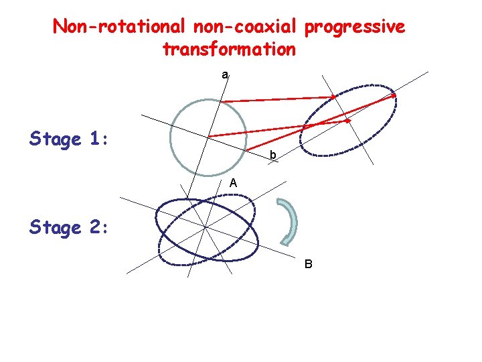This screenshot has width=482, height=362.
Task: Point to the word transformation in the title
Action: (x=228, y=49)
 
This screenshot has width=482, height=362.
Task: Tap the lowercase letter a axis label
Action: (x=225, y=75)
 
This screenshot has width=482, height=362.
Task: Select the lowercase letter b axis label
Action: (x=272, y=156)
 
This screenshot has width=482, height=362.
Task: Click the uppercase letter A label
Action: (x=232, y=183)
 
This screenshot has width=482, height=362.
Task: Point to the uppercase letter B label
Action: (x=308, y=263)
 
